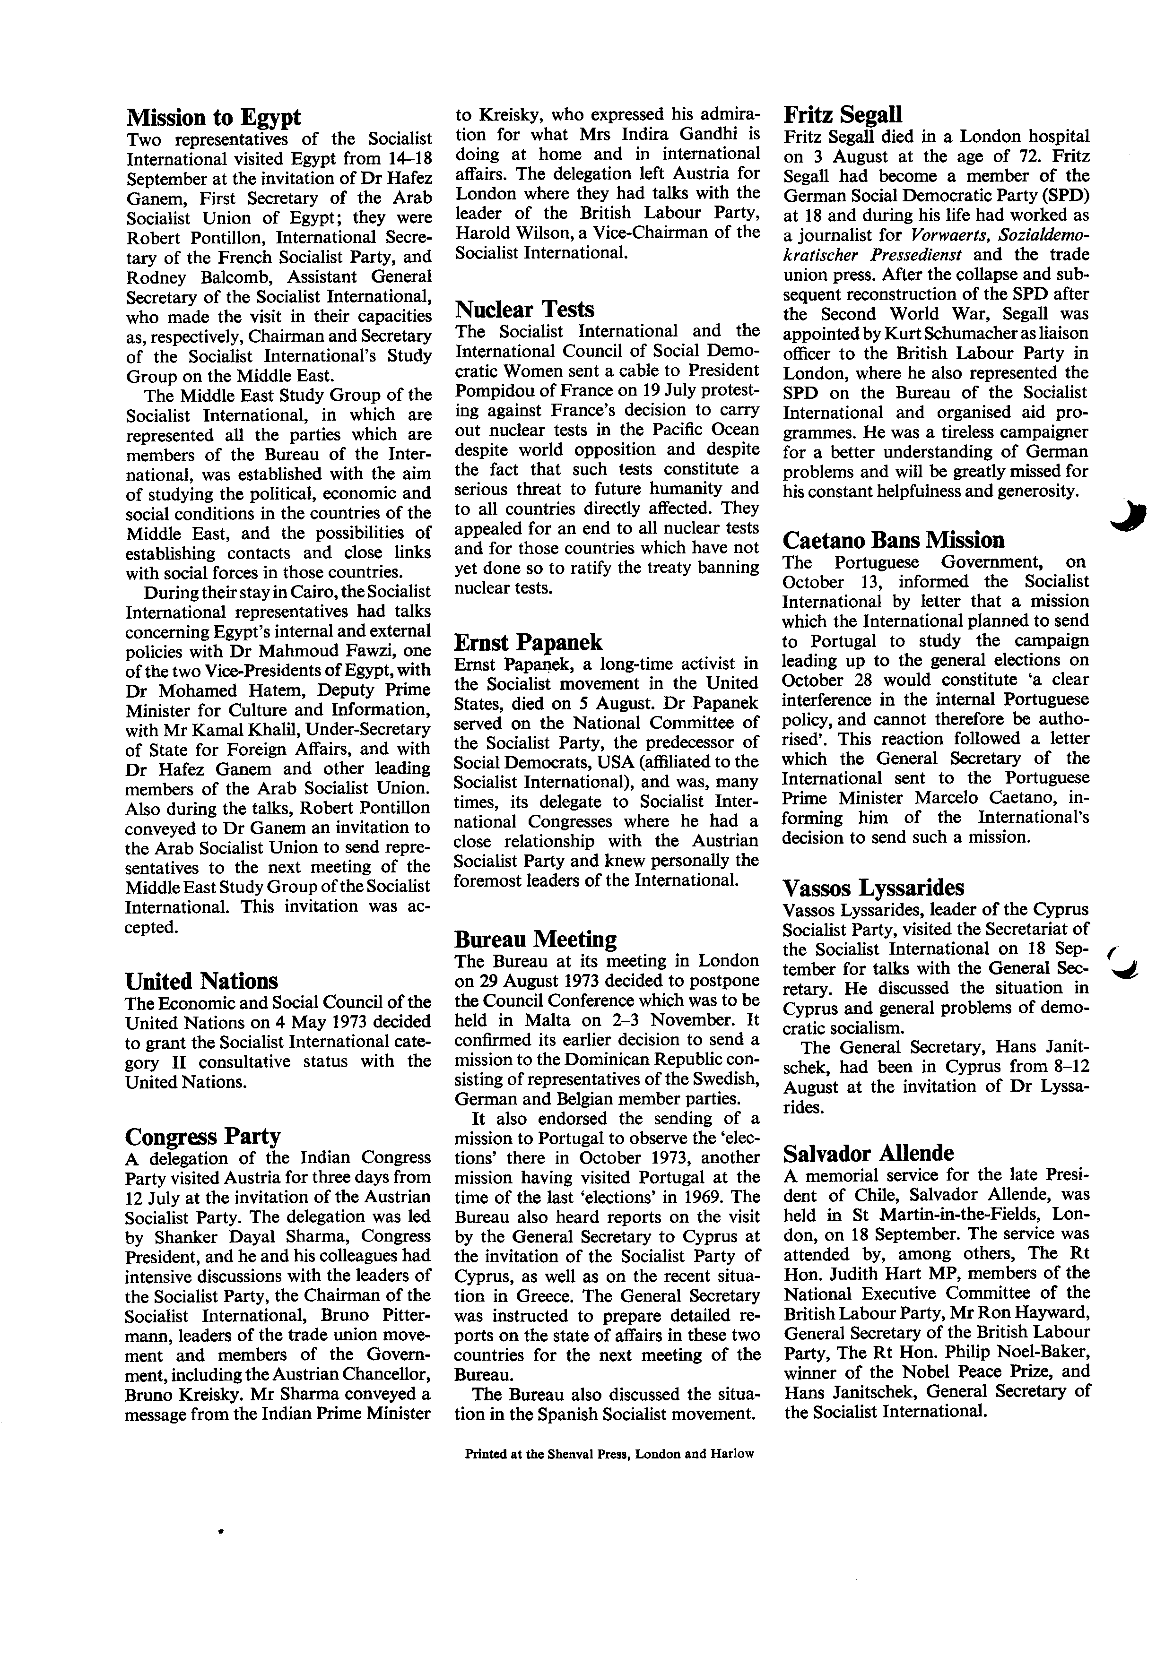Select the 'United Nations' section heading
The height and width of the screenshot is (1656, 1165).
tap(201, 981)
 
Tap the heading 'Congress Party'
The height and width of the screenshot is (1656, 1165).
tap(203, 1137)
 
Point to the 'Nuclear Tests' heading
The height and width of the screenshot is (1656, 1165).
tap(524, 310)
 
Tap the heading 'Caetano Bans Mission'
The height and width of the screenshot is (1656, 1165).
tap(893, 540)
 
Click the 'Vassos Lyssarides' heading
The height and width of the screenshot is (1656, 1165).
tap(874, 888)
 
